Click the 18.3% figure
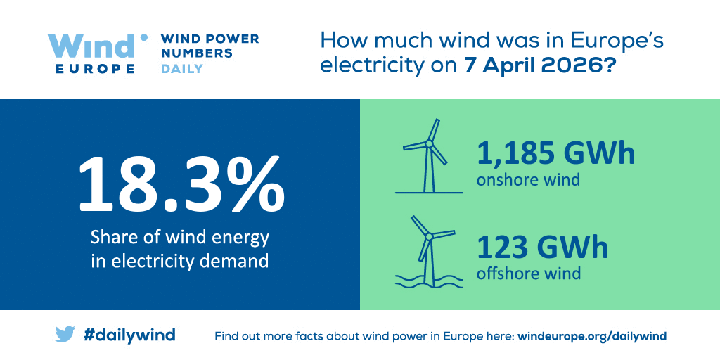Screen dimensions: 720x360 182,184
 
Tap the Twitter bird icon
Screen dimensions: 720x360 65,335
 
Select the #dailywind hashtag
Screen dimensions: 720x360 129,335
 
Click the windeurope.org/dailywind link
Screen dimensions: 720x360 592,335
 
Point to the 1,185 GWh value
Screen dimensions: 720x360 555,154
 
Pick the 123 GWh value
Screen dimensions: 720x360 542,248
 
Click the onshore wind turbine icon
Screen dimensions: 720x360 428,156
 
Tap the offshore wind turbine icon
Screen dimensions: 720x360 428,252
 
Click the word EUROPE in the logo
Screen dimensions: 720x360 95,69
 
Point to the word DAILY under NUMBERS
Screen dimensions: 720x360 182,69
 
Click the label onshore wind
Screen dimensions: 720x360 528,179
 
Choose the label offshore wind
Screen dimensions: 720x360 529,274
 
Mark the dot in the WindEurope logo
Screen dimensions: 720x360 143,38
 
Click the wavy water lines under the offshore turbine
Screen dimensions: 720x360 428,281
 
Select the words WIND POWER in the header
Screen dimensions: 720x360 210,39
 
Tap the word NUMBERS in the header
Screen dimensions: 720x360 197,53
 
